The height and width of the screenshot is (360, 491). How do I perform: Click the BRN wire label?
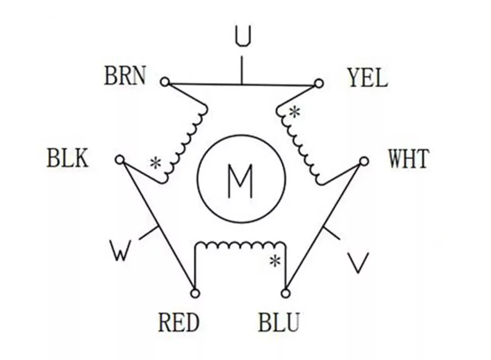coord(125,77)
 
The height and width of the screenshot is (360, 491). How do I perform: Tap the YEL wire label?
coord(367,78)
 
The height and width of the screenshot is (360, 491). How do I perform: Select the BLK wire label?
coord(68,159)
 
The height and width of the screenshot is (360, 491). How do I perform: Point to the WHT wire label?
coord(409,159)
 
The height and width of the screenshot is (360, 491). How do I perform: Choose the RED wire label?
coord(179,323)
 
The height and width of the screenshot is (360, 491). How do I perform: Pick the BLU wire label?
coord(279,323)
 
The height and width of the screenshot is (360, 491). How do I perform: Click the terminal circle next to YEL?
coord(319,83)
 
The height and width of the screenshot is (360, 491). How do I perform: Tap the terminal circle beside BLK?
coord(119,160)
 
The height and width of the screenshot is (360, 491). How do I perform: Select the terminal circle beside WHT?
coord(364,161)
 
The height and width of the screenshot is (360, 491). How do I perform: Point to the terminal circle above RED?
coord(195,293)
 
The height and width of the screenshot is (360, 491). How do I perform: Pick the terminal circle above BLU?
coord(285,293)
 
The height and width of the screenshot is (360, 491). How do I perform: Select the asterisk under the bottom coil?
coord(275,261)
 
